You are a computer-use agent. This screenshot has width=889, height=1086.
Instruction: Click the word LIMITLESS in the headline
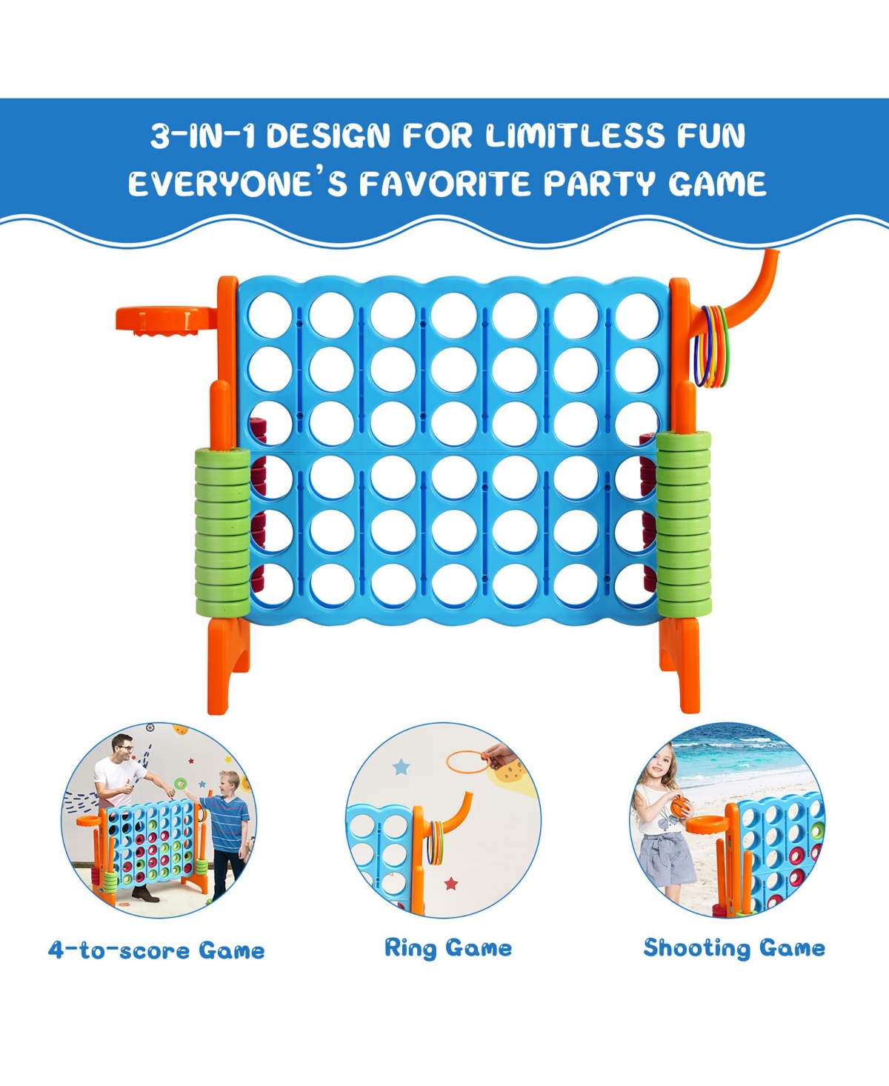pos(575,136)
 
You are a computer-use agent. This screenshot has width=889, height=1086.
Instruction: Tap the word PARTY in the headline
pos(599,184)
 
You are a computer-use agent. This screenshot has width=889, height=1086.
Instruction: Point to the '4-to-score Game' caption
pos(156,950)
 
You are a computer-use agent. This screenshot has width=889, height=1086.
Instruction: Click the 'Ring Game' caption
pos(447,948)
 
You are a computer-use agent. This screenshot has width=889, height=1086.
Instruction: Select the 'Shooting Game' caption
pos(734,948)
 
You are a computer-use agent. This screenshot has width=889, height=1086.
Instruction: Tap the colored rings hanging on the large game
pos(711,347)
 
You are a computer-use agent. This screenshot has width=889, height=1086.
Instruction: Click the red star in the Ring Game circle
pos(450,883)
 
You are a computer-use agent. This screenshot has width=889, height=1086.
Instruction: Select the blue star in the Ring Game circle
pos(401,767)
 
